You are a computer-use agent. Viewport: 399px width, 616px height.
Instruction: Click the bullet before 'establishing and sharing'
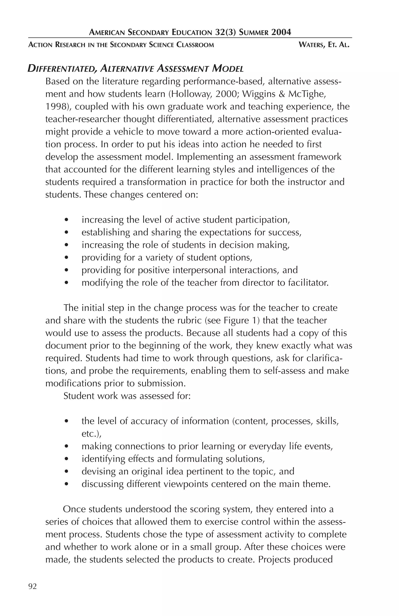[x=67, y=232]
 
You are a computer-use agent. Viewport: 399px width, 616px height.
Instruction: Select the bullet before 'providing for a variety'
[x=67, y=258]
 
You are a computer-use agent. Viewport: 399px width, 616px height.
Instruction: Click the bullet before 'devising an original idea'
[x=67, y=472]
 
